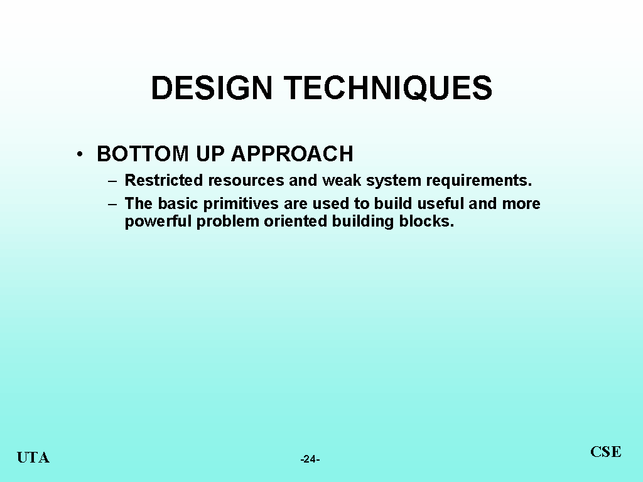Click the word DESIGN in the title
[x=212, y=88]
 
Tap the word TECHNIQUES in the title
[x=388, y=88]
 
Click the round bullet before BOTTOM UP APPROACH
[x=80, y=154]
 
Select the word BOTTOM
[x=143, y=154]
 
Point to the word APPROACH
[x=292, y=154]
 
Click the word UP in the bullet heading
[x=210, y=154]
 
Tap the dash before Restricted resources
[x=112, y=181]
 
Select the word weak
[x=342, y=180]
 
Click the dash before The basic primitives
[x=112, y=204]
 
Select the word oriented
[x=295, y=222]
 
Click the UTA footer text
[x=33, y=458]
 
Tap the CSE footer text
[x=606, y=452]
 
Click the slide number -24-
[x=310, y=459]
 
